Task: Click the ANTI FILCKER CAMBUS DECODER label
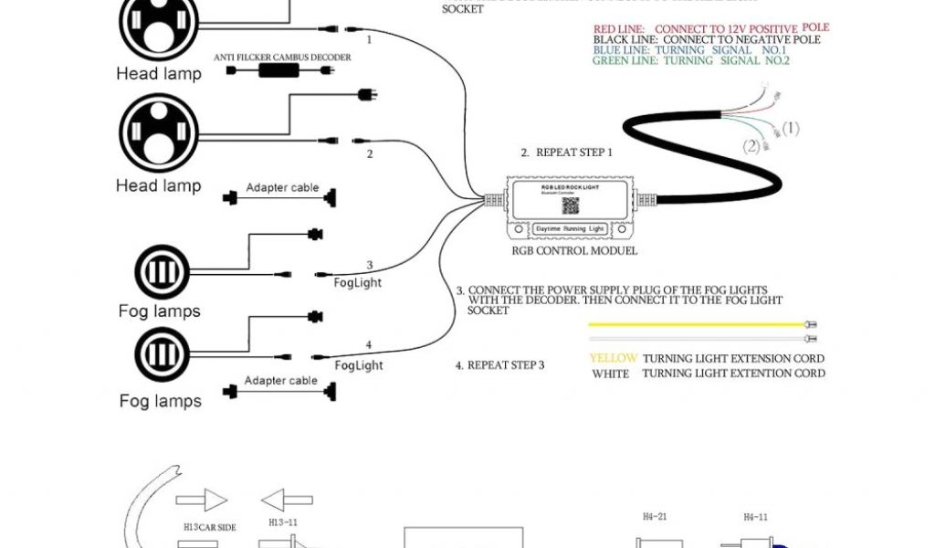282,57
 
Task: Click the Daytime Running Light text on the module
571,227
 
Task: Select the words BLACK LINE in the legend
625,40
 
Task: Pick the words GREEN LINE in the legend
625,61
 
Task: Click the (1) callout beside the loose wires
789,129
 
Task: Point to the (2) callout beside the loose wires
751,146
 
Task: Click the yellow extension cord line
694,324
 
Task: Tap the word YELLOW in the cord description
613,359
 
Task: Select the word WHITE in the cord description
610,374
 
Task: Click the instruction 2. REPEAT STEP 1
567,153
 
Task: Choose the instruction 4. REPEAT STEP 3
500,365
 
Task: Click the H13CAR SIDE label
210,527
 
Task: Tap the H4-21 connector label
654,517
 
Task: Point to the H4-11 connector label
755,517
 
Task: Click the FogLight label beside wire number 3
358,283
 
